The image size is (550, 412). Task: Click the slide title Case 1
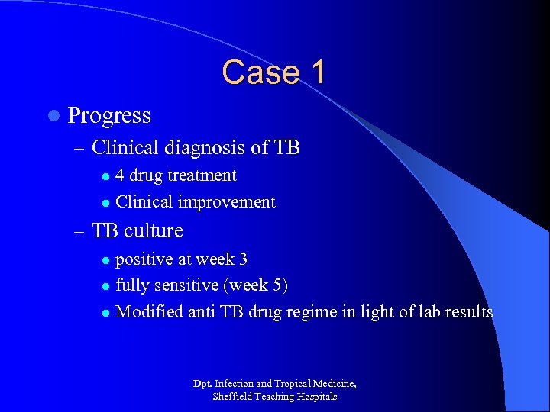coord(273,72)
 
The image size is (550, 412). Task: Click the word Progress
coord(109,116)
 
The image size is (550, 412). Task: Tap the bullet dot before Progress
coord(52,116)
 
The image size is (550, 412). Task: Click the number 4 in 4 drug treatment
coord(120,175)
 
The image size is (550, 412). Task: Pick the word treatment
coord(202,175)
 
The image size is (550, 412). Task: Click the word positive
coord(144,259)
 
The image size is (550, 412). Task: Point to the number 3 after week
coord(243,259)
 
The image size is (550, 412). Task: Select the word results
coord(468,311)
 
